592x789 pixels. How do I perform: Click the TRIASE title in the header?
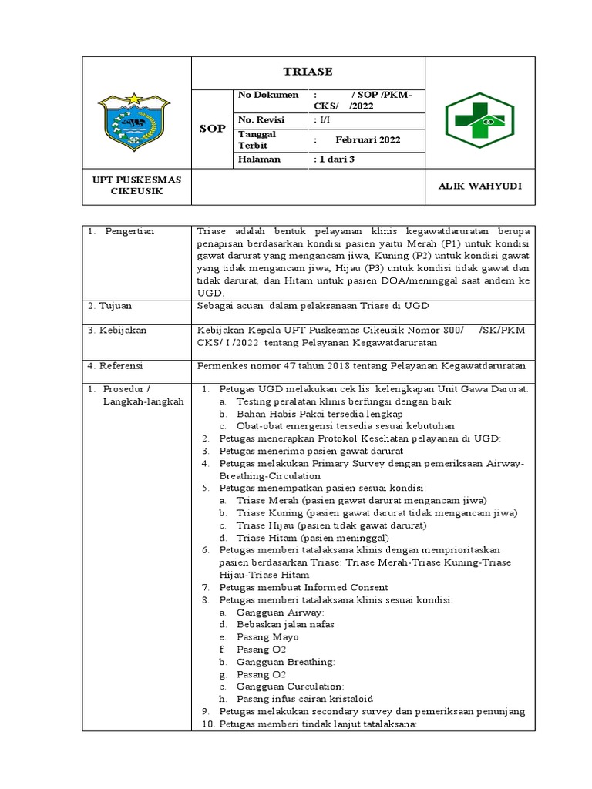[308, 72]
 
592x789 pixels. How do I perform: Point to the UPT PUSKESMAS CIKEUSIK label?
[137, 186]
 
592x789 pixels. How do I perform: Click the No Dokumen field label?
[267, 95]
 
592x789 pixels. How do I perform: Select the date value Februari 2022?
[368, 139]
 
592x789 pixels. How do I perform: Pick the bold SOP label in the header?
[211, 129]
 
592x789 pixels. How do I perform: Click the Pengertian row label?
[130, 231]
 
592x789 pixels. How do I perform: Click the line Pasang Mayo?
[267, 636]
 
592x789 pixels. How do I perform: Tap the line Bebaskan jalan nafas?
[285, 624]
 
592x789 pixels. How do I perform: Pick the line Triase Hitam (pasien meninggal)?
[312, 538]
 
